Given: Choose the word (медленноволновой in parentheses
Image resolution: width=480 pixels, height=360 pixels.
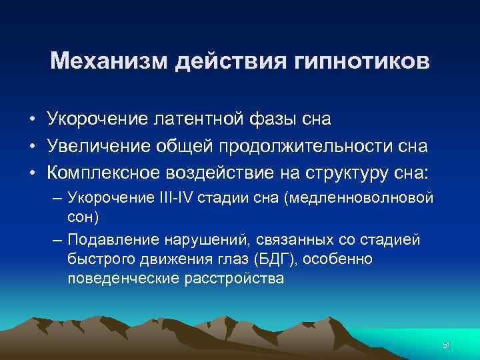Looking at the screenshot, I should pos(349,199).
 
